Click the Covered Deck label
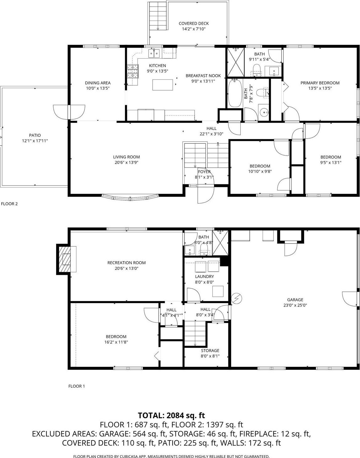click(x=194, y=23)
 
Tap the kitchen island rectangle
click(x=163, y=85)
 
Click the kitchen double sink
click(x=154, y=54)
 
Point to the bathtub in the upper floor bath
click(x=235, y=93)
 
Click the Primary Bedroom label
click(x=320, y=83)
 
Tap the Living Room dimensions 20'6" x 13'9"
click(x=126, y=162)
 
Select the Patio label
click(x=35, y=136)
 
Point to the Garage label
click(x=295, y=300)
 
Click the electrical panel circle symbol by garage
click(x=236, y=299)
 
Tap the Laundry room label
click(x=204, y=276)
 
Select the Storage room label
click(x=210, y=351)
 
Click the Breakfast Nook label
click(x=203, y=76)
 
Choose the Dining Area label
click(x=98, y=83)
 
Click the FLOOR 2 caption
click(x=9, y=204)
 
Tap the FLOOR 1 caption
click(x=76, y=386)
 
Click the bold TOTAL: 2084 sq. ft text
click(x=171, y=415)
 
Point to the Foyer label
click(x=204, y=172)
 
